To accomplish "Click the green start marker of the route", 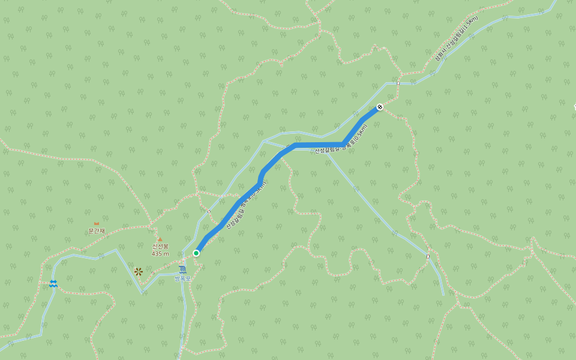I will pos(196,253).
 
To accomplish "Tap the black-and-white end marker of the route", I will pos(379,107).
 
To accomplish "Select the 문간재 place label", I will pos(97,231).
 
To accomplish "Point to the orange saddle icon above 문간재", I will pos(96,224).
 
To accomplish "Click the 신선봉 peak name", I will pos(160,246).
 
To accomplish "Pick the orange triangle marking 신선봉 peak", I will pos(160,239).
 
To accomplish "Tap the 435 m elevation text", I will pos(160,254).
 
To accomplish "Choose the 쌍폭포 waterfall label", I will pos(182,278).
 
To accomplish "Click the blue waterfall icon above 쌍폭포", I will pos(182,269).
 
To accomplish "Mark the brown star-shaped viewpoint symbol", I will pos(139,272).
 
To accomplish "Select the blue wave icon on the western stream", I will pos(53,284).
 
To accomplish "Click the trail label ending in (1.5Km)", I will pos(457,39).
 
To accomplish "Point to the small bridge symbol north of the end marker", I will pos(397,83).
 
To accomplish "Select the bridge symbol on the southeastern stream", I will pos(428,256).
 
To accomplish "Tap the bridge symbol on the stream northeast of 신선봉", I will pos(208,211).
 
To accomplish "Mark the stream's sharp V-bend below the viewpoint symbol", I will pos(142,293).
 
